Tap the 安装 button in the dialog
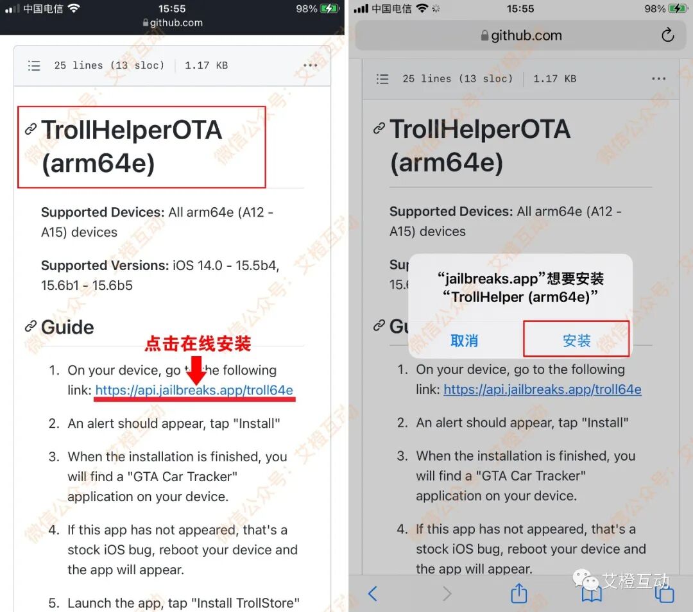click(576, 340)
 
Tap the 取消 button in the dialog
click(464, 341)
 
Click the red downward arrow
click(196, 370)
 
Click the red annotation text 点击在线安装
click(198, 343)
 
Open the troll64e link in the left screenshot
click(194, 390)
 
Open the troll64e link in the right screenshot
click(542, 389)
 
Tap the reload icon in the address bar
click(667, 35)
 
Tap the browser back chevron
click(373, 593)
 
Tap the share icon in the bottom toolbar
click(519, 593)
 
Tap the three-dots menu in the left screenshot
click(311, 65)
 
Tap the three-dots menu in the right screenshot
click(658, 79)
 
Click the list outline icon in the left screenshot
click(34, 66)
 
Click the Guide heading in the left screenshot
click(67, 327)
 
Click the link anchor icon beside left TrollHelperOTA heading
click(31, 129)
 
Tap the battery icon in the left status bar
click(329, 8)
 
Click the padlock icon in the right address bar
click(484, 35)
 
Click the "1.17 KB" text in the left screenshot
click(207, 65)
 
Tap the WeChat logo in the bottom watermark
click(585, 579)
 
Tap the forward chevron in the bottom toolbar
click(447, 593)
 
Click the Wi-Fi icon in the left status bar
click(74, 8)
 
